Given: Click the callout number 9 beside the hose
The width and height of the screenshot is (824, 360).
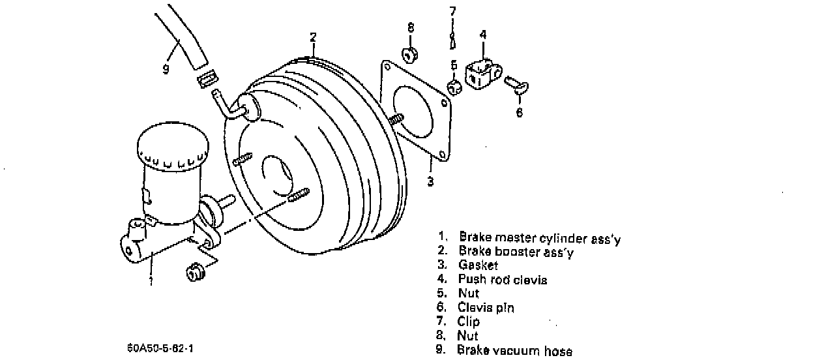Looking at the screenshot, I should (x=166, y=68).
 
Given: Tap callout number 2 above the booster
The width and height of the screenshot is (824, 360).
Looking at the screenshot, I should (x=313, y=37).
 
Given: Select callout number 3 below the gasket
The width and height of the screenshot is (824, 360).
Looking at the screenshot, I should (x=430, y=182).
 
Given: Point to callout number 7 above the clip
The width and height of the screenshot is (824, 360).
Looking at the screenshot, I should (x=453, y=11).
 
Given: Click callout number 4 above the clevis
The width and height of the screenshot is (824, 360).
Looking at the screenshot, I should (x=483, y=35).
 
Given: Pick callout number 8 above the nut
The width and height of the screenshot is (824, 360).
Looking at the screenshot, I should (x=411, y=27).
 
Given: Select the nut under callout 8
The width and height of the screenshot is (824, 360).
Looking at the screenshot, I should (x=411, y=54).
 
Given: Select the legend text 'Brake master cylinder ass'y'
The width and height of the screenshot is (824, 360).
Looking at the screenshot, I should (x=540, y=238).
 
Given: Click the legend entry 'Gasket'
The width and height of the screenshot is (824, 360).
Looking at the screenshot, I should (x=478, y=265).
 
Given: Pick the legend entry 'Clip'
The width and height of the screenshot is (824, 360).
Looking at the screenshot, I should (x=469, y=322).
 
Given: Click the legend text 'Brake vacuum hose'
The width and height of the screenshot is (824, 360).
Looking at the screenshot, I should (x=515, y=351).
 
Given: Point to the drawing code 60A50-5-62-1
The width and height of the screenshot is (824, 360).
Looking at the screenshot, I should (x=160, y=348).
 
